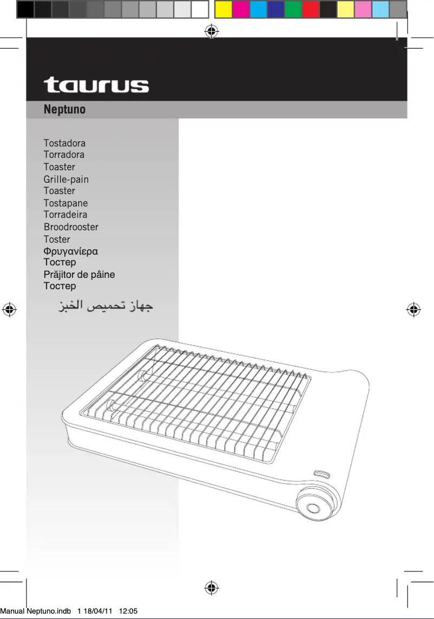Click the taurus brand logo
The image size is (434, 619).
point(96,85)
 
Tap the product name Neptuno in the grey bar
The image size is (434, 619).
point(64,110)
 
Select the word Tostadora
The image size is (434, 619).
point(64,143)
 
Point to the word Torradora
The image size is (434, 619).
point(64,155)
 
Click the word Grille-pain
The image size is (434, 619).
point(66,179)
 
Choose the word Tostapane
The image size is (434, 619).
point(65,203)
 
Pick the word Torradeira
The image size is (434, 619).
point(65,215)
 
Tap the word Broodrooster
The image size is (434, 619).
point(71,227)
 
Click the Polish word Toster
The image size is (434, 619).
point(57,239)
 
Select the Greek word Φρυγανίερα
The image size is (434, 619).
point(71,251)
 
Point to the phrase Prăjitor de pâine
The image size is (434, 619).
point(79,275)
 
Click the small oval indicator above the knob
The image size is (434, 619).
point(323,474)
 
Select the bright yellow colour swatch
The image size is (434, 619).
point(223,9)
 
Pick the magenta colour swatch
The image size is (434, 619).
point(241,9)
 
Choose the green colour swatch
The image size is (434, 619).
point(293,9)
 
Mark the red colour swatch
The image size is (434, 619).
point(310,9)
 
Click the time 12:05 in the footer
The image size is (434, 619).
point(128,611)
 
